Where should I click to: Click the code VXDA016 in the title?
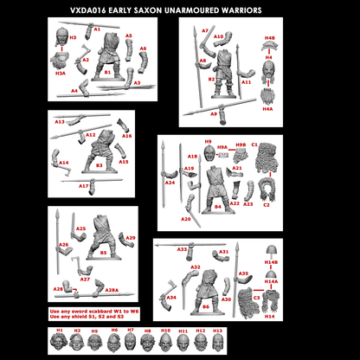tap(88, 10)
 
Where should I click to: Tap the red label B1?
tap(106, 74)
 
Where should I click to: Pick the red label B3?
tap(99, 164)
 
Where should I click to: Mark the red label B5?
tap(103, 253)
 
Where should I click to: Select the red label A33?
tap(183, 250)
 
